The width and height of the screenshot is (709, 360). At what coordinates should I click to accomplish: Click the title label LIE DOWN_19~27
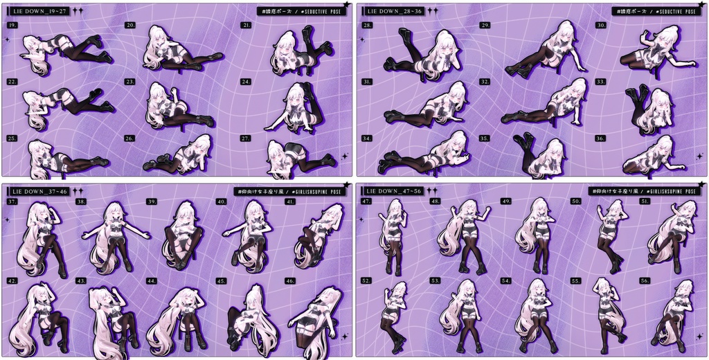tap(39, 12)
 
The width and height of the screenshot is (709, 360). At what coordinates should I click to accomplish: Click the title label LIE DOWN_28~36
tap(394, 12)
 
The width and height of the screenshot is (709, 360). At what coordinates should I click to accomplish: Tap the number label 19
tap(12, 25)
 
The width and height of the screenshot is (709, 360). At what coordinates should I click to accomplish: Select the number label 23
tap(129, 82)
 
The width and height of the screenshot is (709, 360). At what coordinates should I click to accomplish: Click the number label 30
tap(601, 25)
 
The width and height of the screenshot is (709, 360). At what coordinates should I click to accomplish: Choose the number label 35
tap(485, 138)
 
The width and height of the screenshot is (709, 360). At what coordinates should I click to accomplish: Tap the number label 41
tap(291, 201)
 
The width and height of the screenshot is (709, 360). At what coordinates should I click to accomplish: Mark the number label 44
tap(152, 281)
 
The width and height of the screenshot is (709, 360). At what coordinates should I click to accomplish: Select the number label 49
tap(506, 201)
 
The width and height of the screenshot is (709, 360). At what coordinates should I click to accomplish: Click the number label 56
tap(645, 281)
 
